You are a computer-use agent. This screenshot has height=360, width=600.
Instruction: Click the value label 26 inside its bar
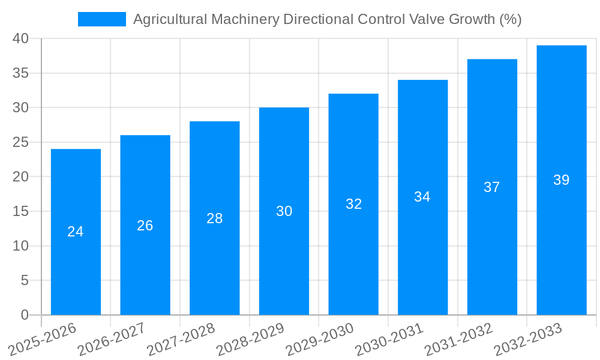[x=145, y=226]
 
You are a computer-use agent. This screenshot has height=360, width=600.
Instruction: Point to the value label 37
[x=492, y=187]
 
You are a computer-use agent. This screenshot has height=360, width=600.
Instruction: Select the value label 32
[x=354, y=204]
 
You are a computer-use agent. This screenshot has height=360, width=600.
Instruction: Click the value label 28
[x=215, y=218]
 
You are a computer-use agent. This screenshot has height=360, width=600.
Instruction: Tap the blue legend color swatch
[x=102, y=19]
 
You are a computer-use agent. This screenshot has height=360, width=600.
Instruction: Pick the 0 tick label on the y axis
[x=25, y=315]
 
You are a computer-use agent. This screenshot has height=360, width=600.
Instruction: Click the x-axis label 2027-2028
[x=181, y=339]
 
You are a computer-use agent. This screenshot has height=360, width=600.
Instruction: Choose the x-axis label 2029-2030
[x=320, y=339]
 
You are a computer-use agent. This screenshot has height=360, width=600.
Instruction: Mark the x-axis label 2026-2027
[x=112, y=339]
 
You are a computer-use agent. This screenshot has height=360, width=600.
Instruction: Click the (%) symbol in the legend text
[x=510, y=19]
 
